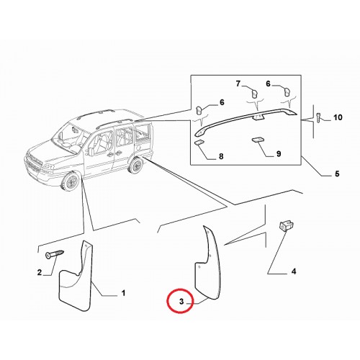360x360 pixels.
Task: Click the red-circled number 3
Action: tap(181, 301)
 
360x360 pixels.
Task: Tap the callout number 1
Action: tap(123, 293)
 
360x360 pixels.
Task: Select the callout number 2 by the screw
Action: tap(40, 273)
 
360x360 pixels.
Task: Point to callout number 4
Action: tap(294, 271)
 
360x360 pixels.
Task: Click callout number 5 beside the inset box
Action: tap(337, 174)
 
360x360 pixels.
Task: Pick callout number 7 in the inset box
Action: tap(238, 84)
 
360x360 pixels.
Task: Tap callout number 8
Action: tap(221, 156)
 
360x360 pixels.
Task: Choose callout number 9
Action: tap(279, 153)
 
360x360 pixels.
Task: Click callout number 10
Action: tap(338, 117)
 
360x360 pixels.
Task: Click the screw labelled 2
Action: tap(55, 254)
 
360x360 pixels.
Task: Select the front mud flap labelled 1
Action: tap(76, 276)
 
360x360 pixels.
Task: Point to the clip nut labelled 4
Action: tap(286, 226)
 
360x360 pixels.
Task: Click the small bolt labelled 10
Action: tap(319, 117)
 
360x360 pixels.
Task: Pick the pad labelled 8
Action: tap(199, 143)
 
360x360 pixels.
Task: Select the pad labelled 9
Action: tap(257, 140)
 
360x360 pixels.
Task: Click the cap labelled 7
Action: tap(254, 93)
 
